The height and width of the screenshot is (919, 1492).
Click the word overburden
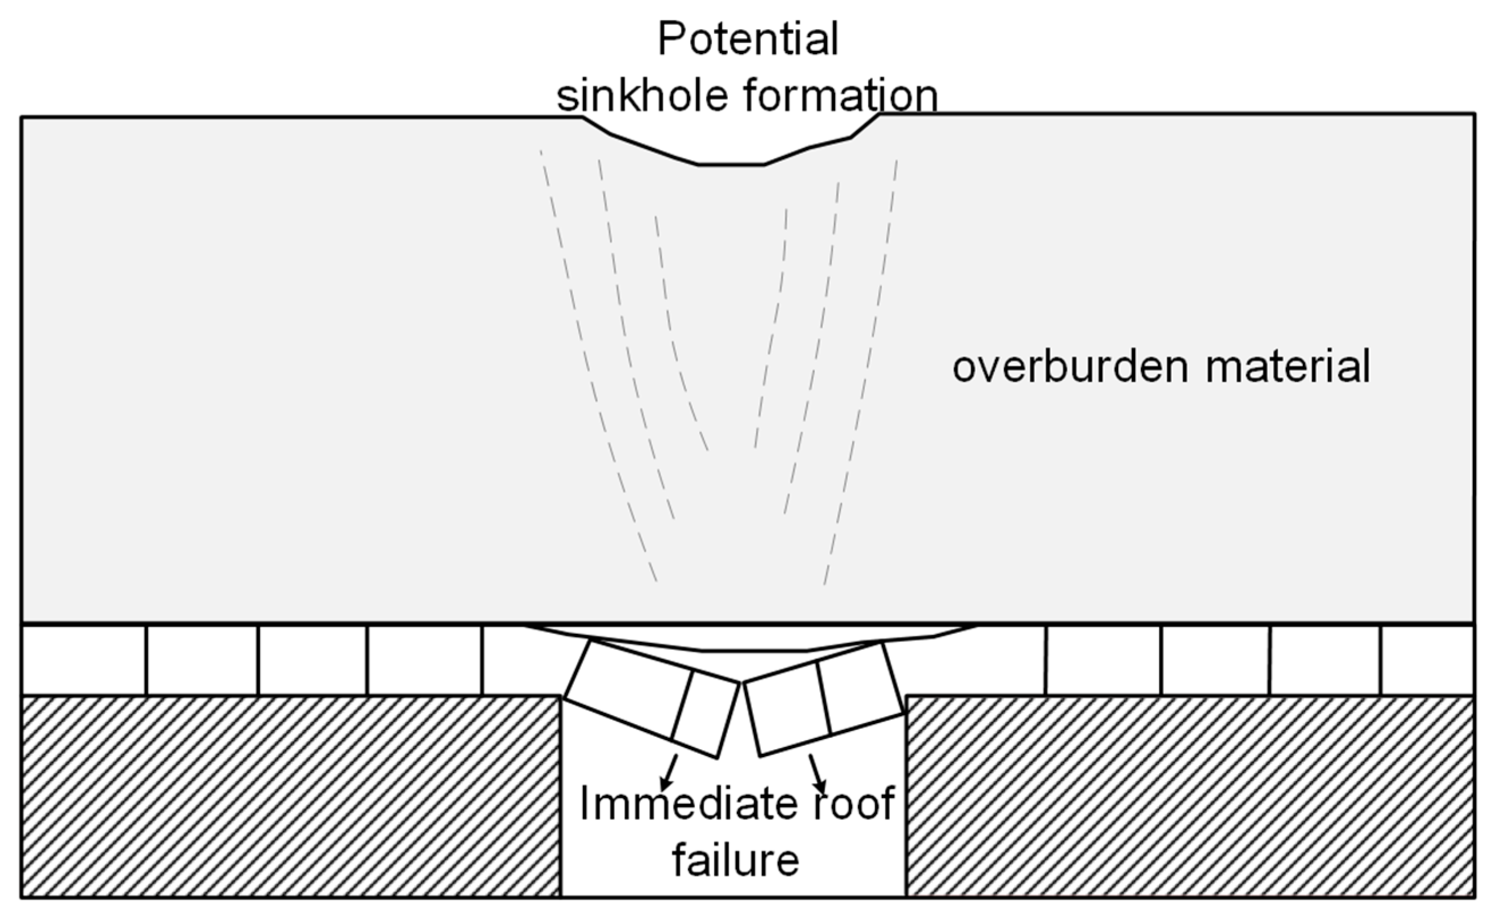[1070, 367]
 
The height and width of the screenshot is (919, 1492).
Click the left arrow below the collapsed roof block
[669, 772]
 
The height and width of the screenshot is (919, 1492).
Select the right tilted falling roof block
[824, 699]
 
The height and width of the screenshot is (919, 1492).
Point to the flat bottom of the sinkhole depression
[731, 164]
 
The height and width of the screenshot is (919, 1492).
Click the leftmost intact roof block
[84, 659]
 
